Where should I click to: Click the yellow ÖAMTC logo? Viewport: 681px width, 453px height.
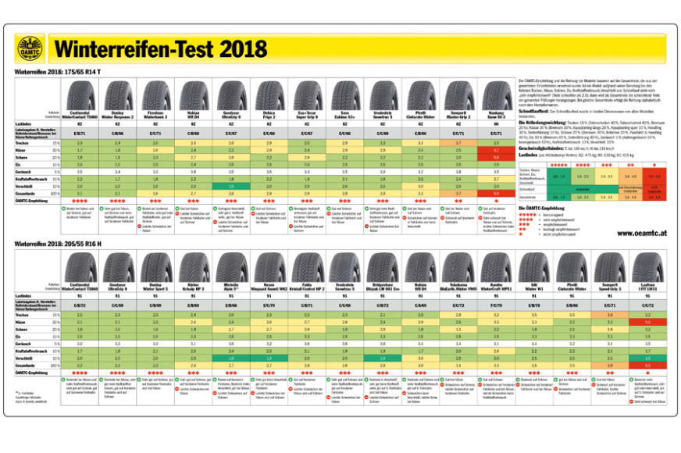click(x=32, y=49)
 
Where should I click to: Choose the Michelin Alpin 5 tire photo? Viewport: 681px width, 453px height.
click(x=231, y=268)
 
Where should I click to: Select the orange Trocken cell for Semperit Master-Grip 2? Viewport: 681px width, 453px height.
click(x=608, y=314)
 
